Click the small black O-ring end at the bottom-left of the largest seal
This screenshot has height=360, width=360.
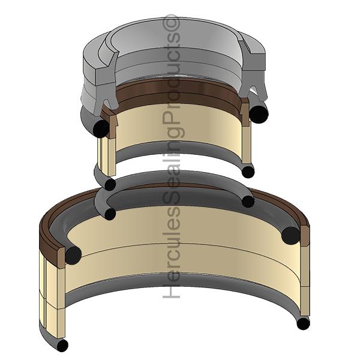pyautogui.click(x=62, y=345)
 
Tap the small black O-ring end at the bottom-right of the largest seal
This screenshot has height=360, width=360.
pyautogui.click(x=303, y=324)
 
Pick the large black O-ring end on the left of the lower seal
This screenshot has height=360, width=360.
pyautogui.click(x=73, y=255)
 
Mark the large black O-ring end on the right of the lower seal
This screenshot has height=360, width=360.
pyautogui.click(x=290, y=236)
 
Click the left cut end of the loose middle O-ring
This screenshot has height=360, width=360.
pyautogui.click(x=110, y=214)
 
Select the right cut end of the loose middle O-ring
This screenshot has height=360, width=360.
pyautogui.click(x=248, y=202)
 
